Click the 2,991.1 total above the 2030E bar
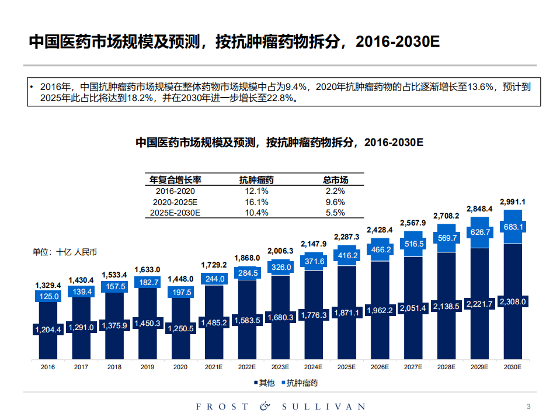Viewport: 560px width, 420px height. pos(513,202)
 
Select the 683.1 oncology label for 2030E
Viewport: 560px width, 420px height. pos(513,227)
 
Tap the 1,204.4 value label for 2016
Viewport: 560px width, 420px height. pos(48,329)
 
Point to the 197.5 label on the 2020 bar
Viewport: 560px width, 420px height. pos(180,292)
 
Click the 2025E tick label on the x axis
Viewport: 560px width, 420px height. pos(346,367)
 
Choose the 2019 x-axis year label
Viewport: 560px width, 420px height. pos(147,367)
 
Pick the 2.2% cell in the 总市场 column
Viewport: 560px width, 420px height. pos(335,191)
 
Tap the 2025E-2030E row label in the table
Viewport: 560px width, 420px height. pos(175,213)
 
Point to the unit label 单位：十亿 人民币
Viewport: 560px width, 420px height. pos(65,252)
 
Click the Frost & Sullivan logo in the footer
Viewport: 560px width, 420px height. pos(280,406)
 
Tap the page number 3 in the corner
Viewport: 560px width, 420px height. pos(528,406)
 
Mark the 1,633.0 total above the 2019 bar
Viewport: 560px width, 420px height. pos(147,270)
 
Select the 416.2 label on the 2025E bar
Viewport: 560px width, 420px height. pos(346,255)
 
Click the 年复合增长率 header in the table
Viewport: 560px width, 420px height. pos(175,180)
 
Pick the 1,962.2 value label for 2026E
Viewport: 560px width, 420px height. pos(380,311)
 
